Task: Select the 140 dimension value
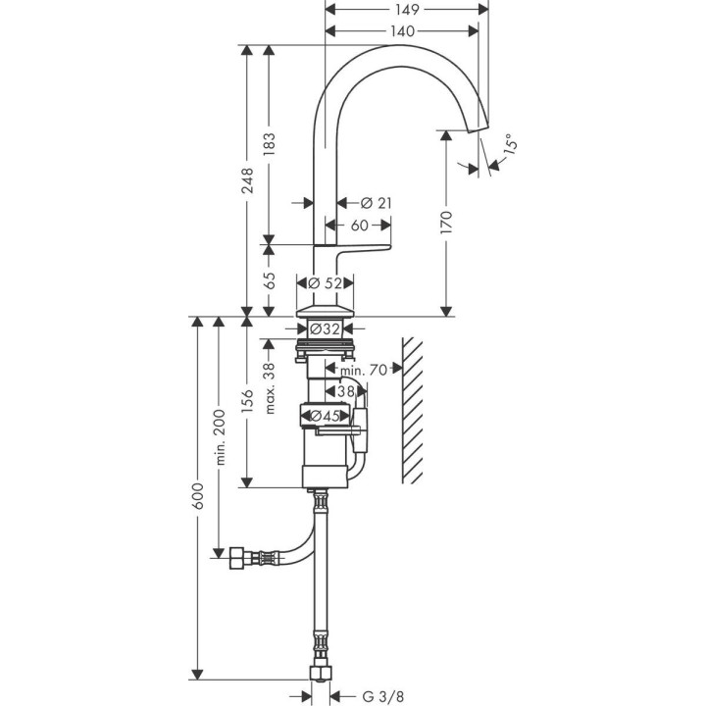coord(402,31)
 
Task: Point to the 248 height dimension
coord(248,181)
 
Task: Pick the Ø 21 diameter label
coord(376,203)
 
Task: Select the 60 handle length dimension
coord(359,226)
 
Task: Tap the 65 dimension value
coord(270,280)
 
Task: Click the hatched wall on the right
coord(413,407)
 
